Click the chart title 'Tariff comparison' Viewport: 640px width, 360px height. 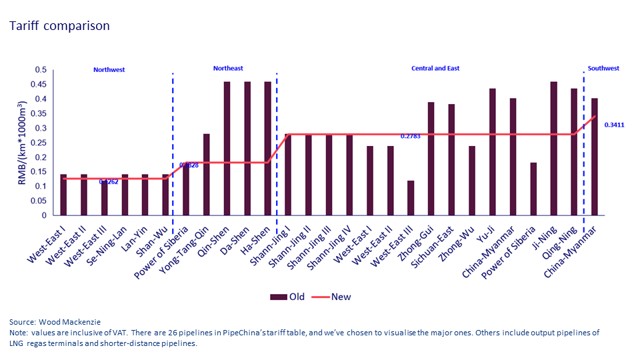[x=59, y=26]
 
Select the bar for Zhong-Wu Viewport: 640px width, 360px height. [x=472, y=181]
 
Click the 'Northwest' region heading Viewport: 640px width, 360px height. [x=109, y=69]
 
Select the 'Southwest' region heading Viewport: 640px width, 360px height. [x=603, y=68]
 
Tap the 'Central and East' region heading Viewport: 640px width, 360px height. [x=435, y=68]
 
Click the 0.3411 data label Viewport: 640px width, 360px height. [x=615, y=125]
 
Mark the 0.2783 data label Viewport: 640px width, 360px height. [x=411, y=136]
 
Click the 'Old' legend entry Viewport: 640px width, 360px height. [x=288, y=297]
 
